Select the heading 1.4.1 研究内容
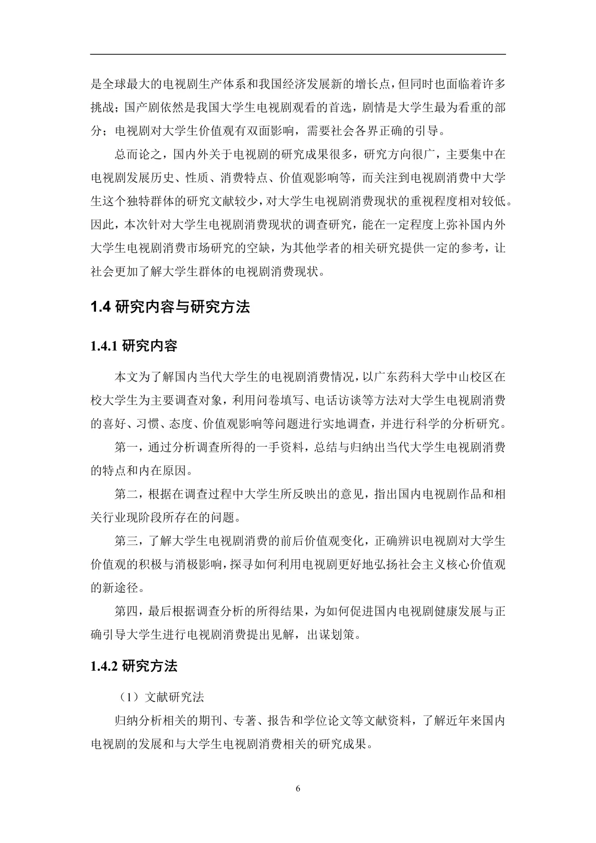[134, 346]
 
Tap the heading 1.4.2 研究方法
[134, 666]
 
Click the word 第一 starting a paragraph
[126, 448]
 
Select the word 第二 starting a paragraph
[126, 494]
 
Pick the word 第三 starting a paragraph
[126, 540]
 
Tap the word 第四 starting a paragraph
[126, 611]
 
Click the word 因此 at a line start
[102, 225]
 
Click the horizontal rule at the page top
[298, 54]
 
